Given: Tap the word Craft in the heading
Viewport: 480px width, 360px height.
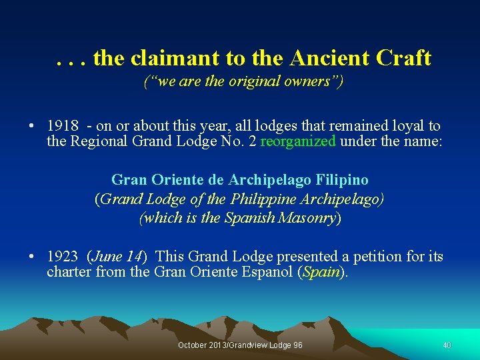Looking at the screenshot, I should pyautogui.click(x=403, y=59).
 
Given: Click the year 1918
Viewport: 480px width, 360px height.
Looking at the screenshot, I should pyautogui.click(x=63, y=126).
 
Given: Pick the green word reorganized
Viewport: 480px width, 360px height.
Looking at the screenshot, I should pyautogui.click(x=298, y=141).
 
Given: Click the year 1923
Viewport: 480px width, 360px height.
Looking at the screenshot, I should pyautogui.click(x=63, y=257).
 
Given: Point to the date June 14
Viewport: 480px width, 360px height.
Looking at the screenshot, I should pyautogui.click(x=116, y=257).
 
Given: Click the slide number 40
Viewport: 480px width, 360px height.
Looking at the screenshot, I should pyautogui.click(x=447, y=345).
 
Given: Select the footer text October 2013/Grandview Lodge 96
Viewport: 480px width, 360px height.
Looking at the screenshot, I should pyautogui.click(x=240, y=345).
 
